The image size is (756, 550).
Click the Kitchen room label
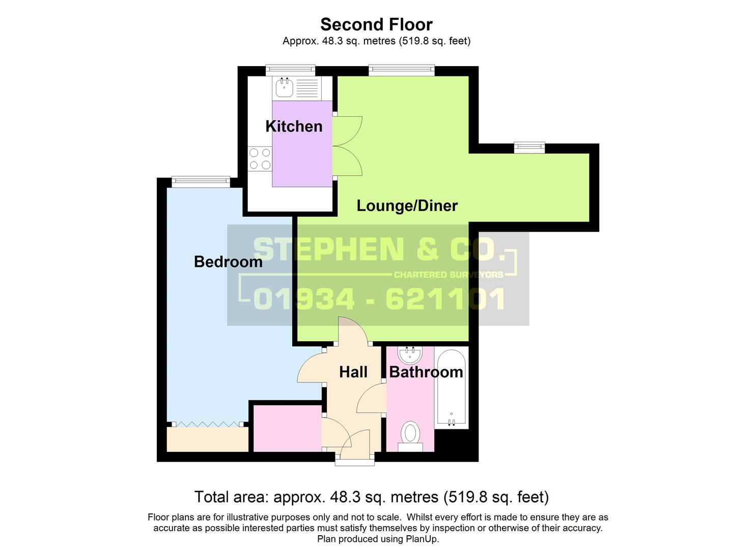294,126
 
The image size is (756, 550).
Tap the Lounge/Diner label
407,206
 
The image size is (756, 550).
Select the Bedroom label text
228,262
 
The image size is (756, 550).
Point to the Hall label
353,372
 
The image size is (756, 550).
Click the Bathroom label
426,372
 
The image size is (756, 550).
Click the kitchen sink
284,88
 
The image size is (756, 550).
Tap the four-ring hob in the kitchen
260,158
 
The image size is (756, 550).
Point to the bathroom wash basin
410,354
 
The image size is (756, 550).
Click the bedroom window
201,181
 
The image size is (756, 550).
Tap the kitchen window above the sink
290,70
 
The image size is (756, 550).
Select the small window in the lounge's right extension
529,148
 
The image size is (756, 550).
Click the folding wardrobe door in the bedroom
207,424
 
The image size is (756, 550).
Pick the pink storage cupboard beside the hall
287,428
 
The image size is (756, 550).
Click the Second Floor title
376,24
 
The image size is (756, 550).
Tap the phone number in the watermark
379,299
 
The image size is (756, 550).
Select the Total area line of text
371,497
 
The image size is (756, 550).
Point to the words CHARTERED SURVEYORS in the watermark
448,275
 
